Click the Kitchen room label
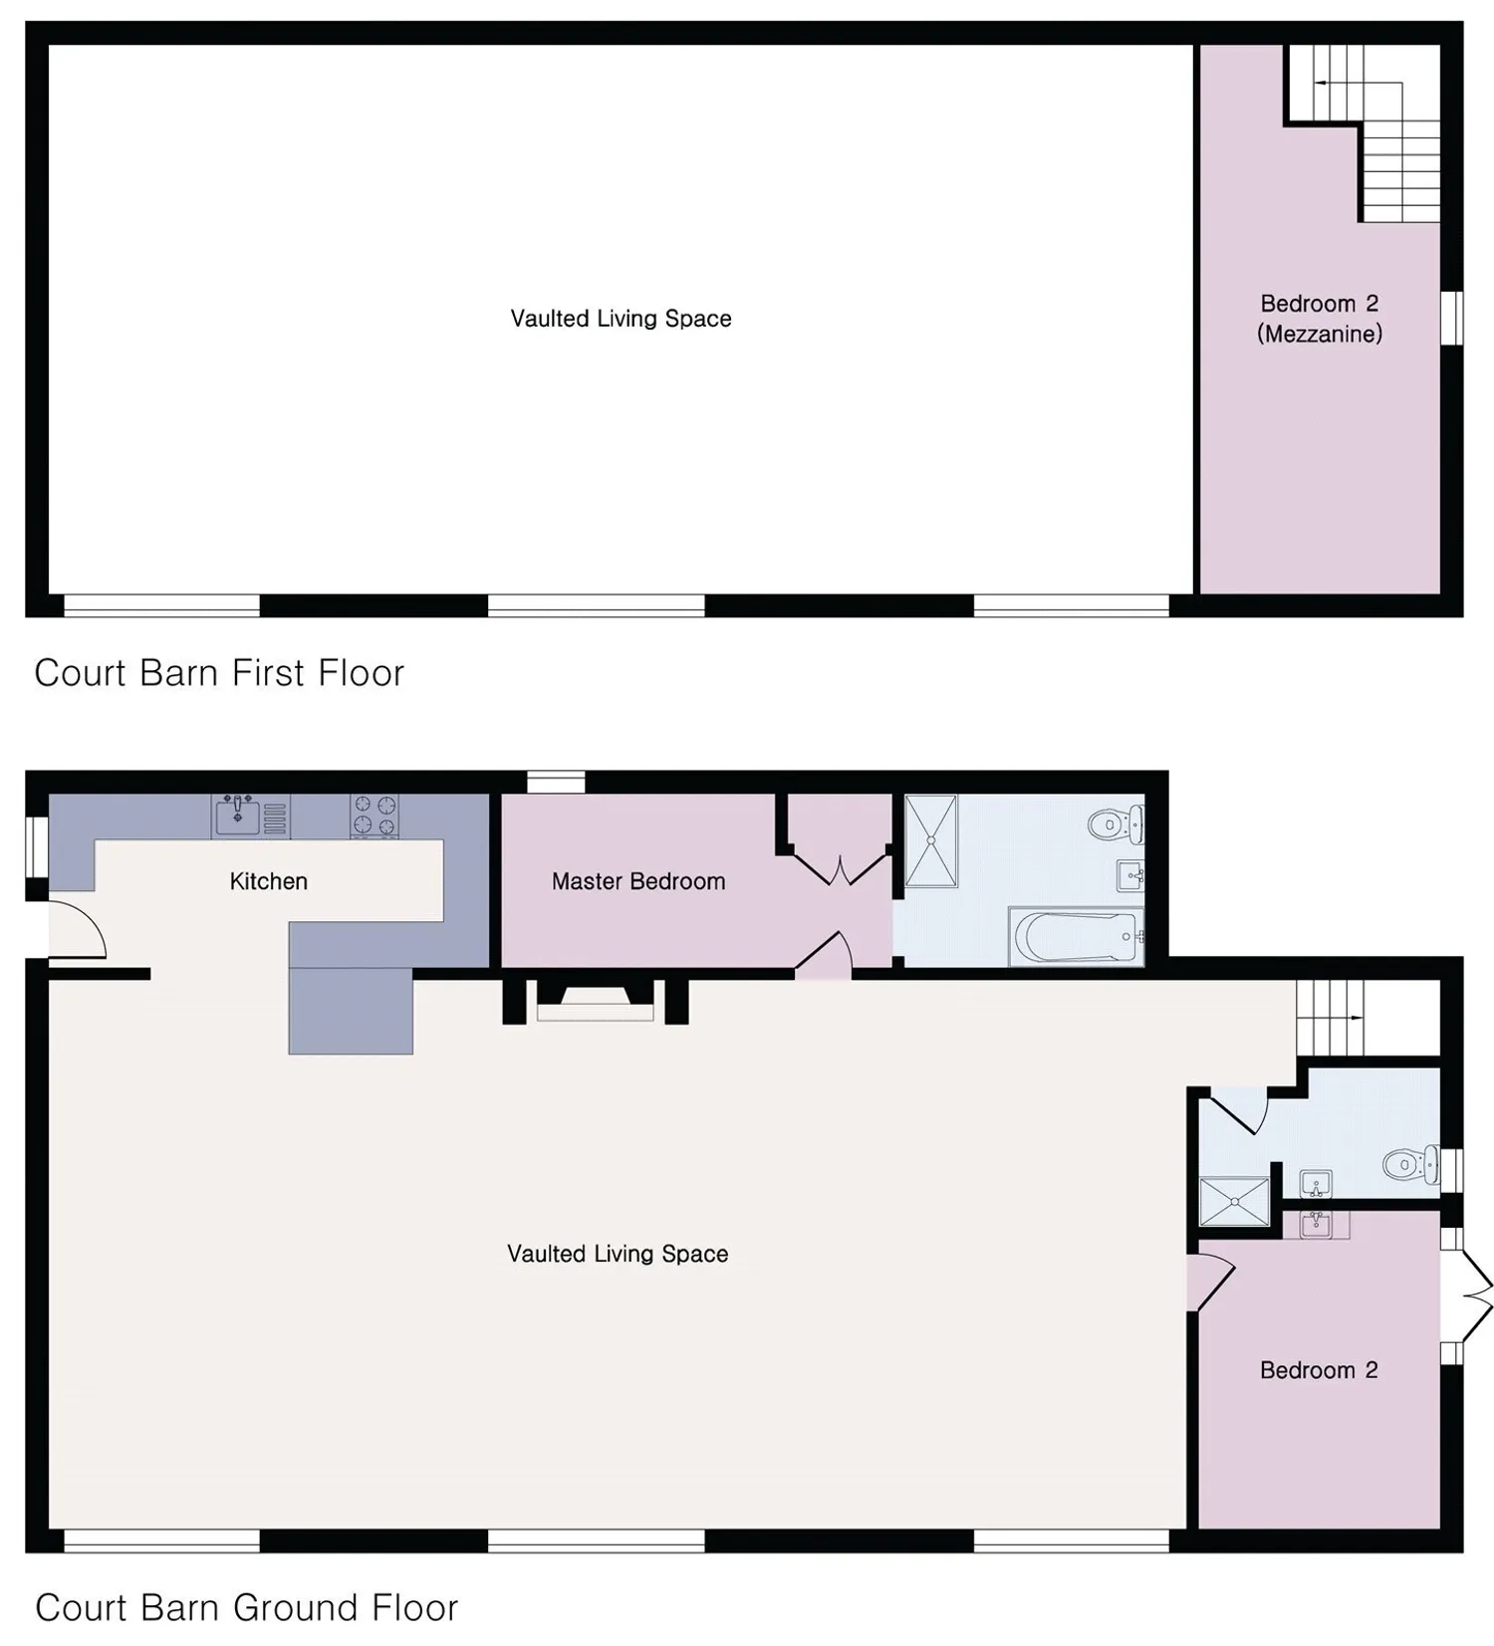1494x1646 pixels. pos(268,881)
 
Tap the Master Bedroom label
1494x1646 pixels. pos(638,881)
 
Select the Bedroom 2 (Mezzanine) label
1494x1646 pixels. pos(1320,319)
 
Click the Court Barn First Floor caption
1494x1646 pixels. pos(219,673)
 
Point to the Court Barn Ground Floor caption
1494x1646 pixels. pos(246,1607)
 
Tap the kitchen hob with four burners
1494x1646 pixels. pos(374,816)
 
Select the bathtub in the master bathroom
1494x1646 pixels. pos(1076,936)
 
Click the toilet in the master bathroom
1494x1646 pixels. pos(1116,824)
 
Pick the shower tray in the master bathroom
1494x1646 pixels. pos(931,840)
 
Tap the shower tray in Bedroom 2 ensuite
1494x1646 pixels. pos(1234,1202)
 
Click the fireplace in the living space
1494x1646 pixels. pos(596,1001)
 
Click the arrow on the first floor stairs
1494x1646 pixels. pos(1334,84)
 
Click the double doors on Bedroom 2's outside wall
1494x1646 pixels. pos(1466,1294)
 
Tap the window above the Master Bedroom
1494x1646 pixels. pos(556,783)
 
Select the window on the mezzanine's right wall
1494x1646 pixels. pos(1452,318)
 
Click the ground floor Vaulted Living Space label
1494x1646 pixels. pos(618,1254)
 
